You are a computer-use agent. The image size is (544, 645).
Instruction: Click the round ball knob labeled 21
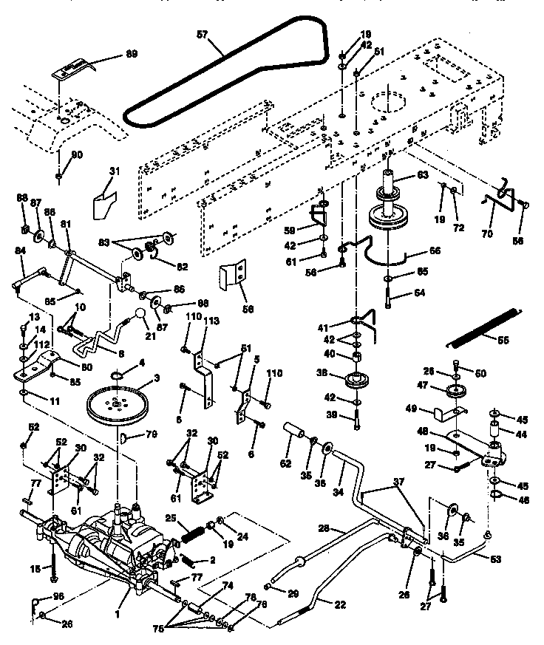click(138, 316)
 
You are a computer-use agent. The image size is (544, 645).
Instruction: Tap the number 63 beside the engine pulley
click(421, 176)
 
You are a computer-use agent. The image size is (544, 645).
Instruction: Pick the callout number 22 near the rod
click(341, 605)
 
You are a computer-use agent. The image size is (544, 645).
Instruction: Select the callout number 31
click(112, 171)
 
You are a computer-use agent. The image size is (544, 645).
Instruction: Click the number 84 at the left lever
click(20, 252)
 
